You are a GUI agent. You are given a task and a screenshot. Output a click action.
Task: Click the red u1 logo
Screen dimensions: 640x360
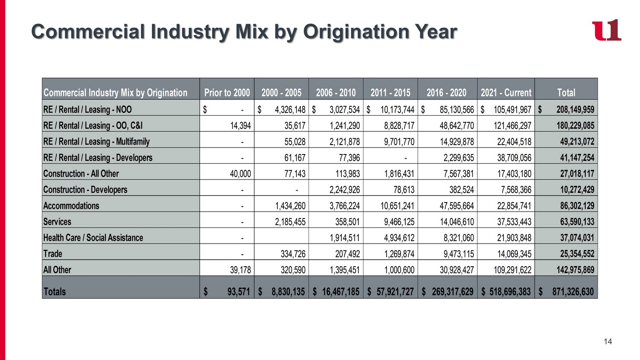click(x=606, y=30)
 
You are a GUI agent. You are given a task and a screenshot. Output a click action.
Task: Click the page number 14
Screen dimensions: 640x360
click(x=608, y=341)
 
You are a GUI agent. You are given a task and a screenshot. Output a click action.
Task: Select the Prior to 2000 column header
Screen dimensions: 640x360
click(x=227, y=93)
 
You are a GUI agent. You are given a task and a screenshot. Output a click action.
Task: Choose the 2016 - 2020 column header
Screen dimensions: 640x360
click(x=446, y=93)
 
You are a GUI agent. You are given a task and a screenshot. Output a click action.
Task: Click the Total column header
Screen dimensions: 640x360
click(x=566, y=93)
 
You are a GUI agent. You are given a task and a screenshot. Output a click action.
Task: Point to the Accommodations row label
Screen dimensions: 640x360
click(x=71, y=206)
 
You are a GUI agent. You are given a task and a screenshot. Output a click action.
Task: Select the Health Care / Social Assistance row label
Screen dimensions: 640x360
click(x=93, y=238)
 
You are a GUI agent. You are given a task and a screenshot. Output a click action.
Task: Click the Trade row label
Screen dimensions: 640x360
click(x=52, y=254)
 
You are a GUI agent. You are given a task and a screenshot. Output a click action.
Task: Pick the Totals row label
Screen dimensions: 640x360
click(x=54, y=292)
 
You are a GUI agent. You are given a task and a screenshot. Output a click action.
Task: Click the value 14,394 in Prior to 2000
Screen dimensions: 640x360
click(x=241, y=126)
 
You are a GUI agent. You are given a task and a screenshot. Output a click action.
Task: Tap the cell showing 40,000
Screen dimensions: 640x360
click(x=241, y=174)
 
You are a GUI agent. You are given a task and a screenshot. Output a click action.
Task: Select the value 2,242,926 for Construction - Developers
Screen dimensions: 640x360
click(x=345, y=190)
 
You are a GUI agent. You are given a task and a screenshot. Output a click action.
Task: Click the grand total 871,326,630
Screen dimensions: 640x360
click(x=573, y=292)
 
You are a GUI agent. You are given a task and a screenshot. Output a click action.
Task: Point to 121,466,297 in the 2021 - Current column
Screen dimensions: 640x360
click(x=512, y=126)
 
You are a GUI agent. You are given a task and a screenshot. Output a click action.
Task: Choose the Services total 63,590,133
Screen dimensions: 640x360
click(x=577, y=222)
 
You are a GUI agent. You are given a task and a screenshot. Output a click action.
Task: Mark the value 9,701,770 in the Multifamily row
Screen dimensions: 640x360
click(x=399, y=142)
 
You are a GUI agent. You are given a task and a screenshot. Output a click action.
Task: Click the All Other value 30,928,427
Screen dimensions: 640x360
click(x=457, y=270)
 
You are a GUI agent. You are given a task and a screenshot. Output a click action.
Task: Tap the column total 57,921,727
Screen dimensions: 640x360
click(x=395, y=292)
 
